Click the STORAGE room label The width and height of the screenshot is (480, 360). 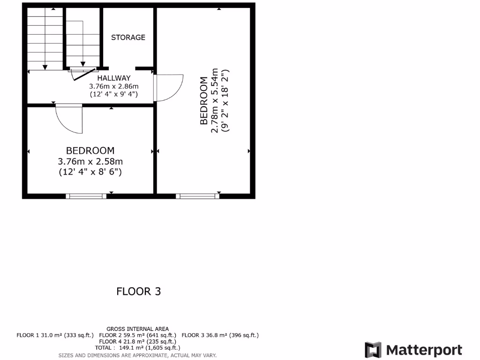pyautogui.click(x=128, y=37)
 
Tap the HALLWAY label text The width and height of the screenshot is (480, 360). pyautogui.click(x=114, y=78)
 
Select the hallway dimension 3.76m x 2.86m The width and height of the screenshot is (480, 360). pyautogui.click(x=114, y=86)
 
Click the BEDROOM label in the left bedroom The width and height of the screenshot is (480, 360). pyautogui.click(x=90, y=151)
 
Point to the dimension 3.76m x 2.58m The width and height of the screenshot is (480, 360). pyautogui.click(x=90, y=161)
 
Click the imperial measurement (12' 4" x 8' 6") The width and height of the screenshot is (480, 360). pyautogui.click(x=90, y=172)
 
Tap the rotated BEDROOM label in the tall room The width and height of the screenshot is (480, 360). pyautogui.click(x=204, y=101)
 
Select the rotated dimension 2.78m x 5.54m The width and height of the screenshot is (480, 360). pyautogui.click(x=215, y=101)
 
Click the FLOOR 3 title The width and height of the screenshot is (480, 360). pyautogui.click(x=138, y=292)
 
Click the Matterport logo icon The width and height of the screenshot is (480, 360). pyautogui.click(x=373, y=350)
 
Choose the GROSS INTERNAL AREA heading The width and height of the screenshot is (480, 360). pyautogui.click(x=138, y=329)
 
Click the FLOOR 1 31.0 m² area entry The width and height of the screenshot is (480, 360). pyautogui.click(x=55, y=335)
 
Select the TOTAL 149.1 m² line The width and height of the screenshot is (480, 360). pyautogui.click(x=137, y=348)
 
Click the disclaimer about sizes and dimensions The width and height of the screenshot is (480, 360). pyautogui.click(x=137, y=355)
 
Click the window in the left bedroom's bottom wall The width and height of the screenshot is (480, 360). pyautogui.click(x=86, y=196)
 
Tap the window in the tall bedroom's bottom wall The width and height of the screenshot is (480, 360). pyautogui.click(x=197, y=196)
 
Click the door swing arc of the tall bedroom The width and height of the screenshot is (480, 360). pyautogui.click(x=170, y=88)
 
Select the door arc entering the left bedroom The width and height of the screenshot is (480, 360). pyautogui.click(x=69, y=120)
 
